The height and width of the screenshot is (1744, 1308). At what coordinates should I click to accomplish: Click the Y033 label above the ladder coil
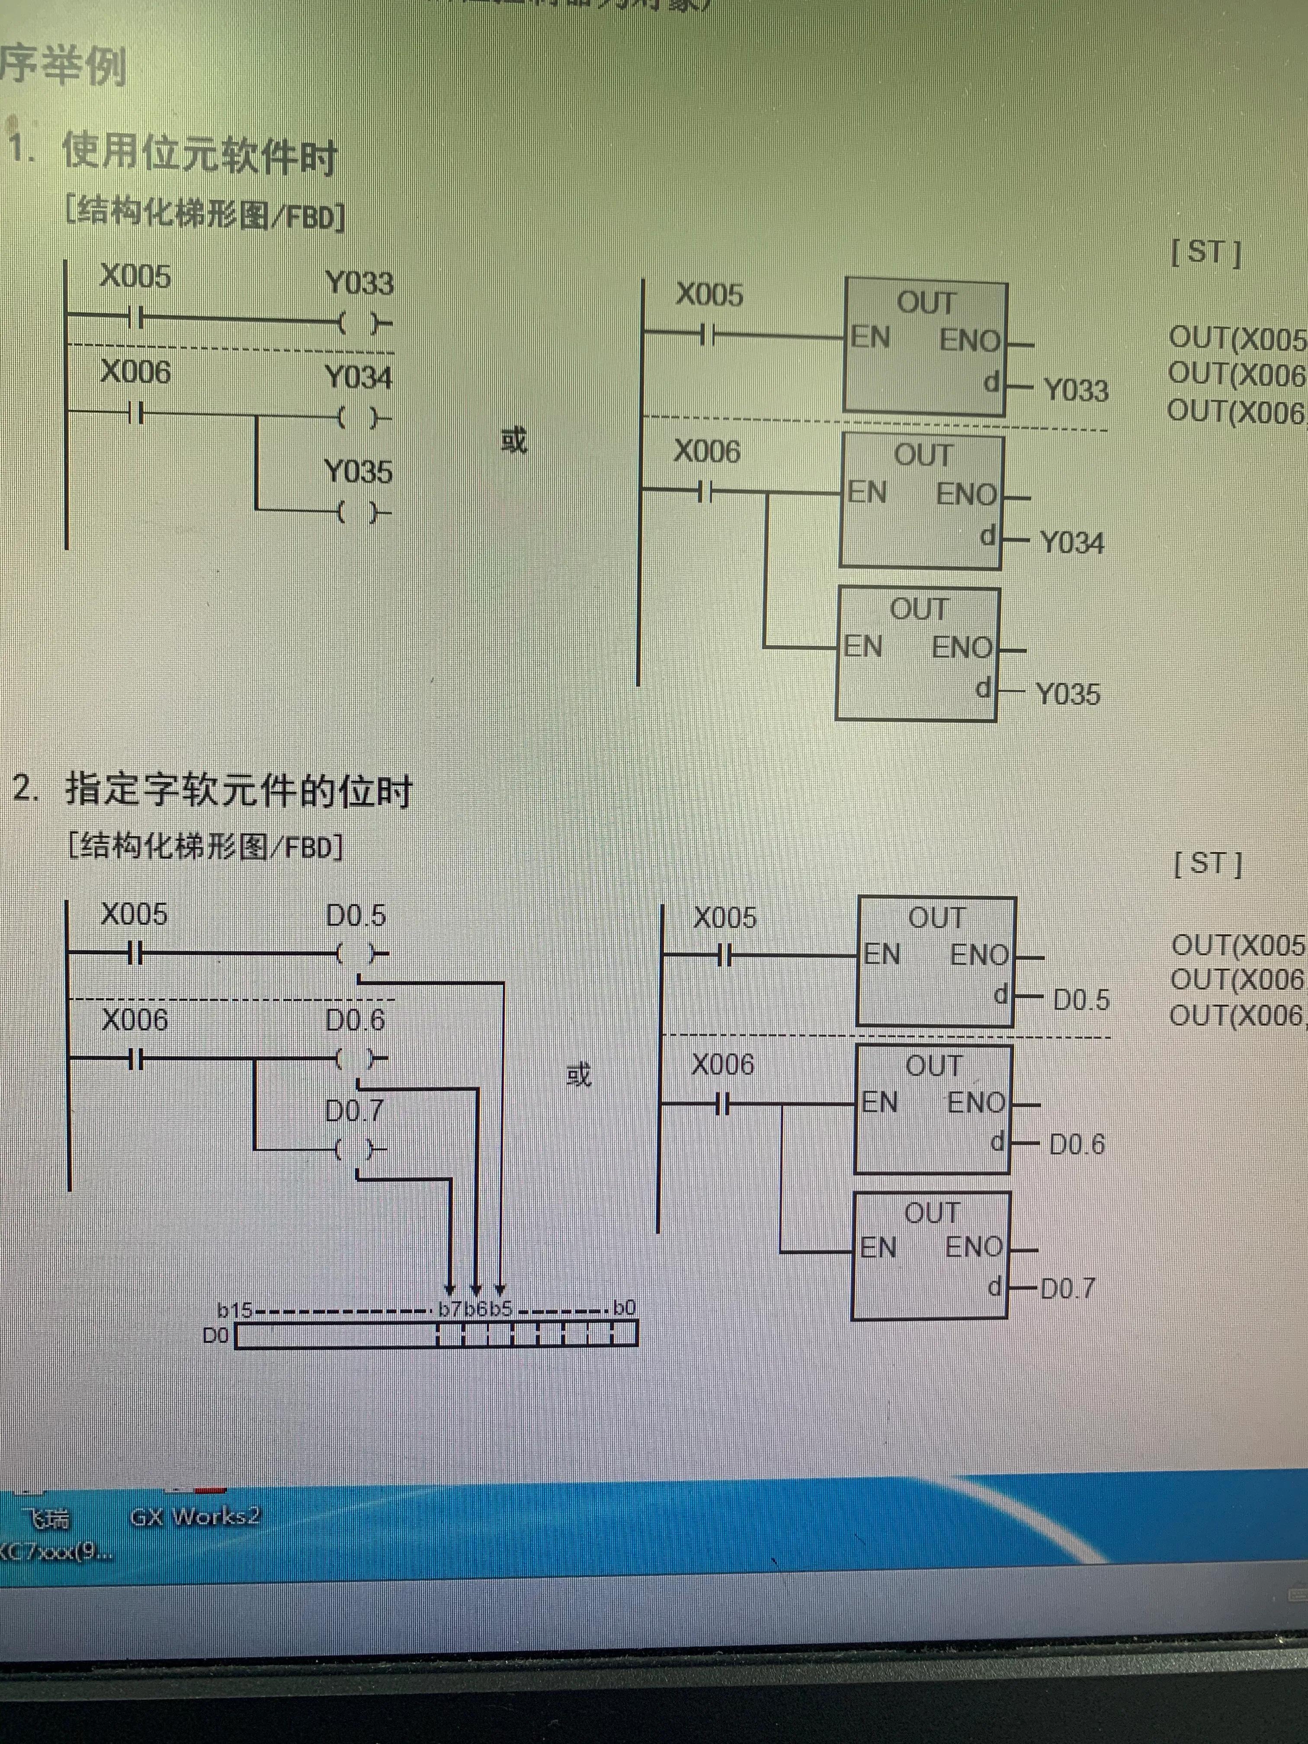(359, 283)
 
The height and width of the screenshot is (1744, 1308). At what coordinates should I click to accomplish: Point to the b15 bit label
(234, 1310)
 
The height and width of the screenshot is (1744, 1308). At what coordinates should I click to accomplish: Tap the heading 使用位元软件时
(199, 154)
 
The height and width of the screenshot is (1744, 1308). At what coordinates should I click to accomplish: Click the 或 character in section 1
(513, 440)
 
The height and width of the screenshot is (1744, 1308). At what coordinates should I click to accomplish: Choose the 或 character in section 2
(579, 1074)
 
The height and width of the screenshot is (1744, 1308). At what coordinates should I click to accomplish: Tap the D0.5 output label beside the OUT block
(1081, 1000)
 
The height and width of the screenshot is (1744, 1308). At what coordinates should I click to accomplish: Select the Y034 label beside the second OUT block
(1071, 542)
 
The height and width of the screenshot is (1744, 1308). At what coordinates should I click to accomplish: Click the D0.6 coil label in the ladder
(355, 1020)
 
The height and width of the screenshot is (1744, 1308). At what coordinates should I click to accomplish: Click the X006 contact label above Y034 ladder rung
(135, 372)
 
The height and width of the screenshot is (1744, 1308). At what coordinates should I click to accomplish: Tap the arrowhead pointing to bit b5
(500, 1290)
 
